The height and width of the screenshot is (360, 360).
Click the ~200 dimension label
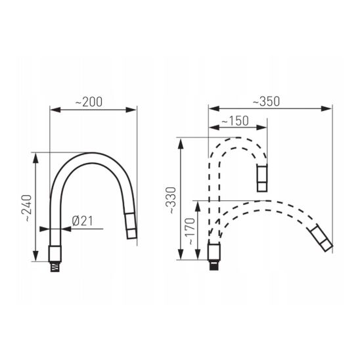(x=89, y=102)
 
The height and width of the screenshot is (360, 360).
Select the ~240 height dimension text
(x=26, y=208)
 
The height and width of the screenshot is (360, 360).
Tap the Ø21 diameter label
(x=82, y=221)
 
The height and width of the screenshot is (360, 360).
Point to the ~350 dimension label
(x=266, y=101)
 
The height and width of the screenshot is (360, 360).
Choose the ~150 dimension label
(x=235, y=121)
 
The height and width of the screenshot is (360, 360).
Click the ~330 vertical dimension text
(x=171, y=200)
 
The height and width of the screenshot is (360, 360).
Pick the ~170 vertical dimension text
(x=190, y=231)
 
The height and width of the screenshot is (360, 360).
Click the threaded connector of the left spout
(x=55, y=267)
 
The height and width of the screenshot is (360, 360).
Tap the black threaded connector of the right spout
(x=214, y=265)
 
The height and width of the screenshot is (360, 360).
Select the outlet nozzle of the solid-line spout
(x=131, y=226)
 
